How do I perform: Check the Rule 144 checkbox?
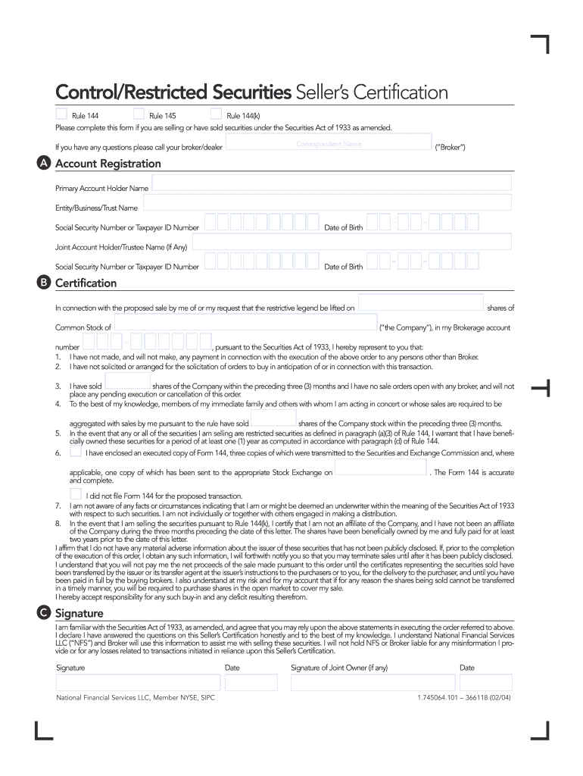(61, 114)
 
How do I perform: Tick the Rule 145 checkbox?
(139, 114)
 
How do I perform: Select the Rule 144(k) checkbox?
(216, 114)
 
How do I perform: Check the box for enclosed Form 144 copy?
(75, 451)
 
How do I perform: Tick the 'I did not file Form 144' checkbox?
(75, 494)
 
